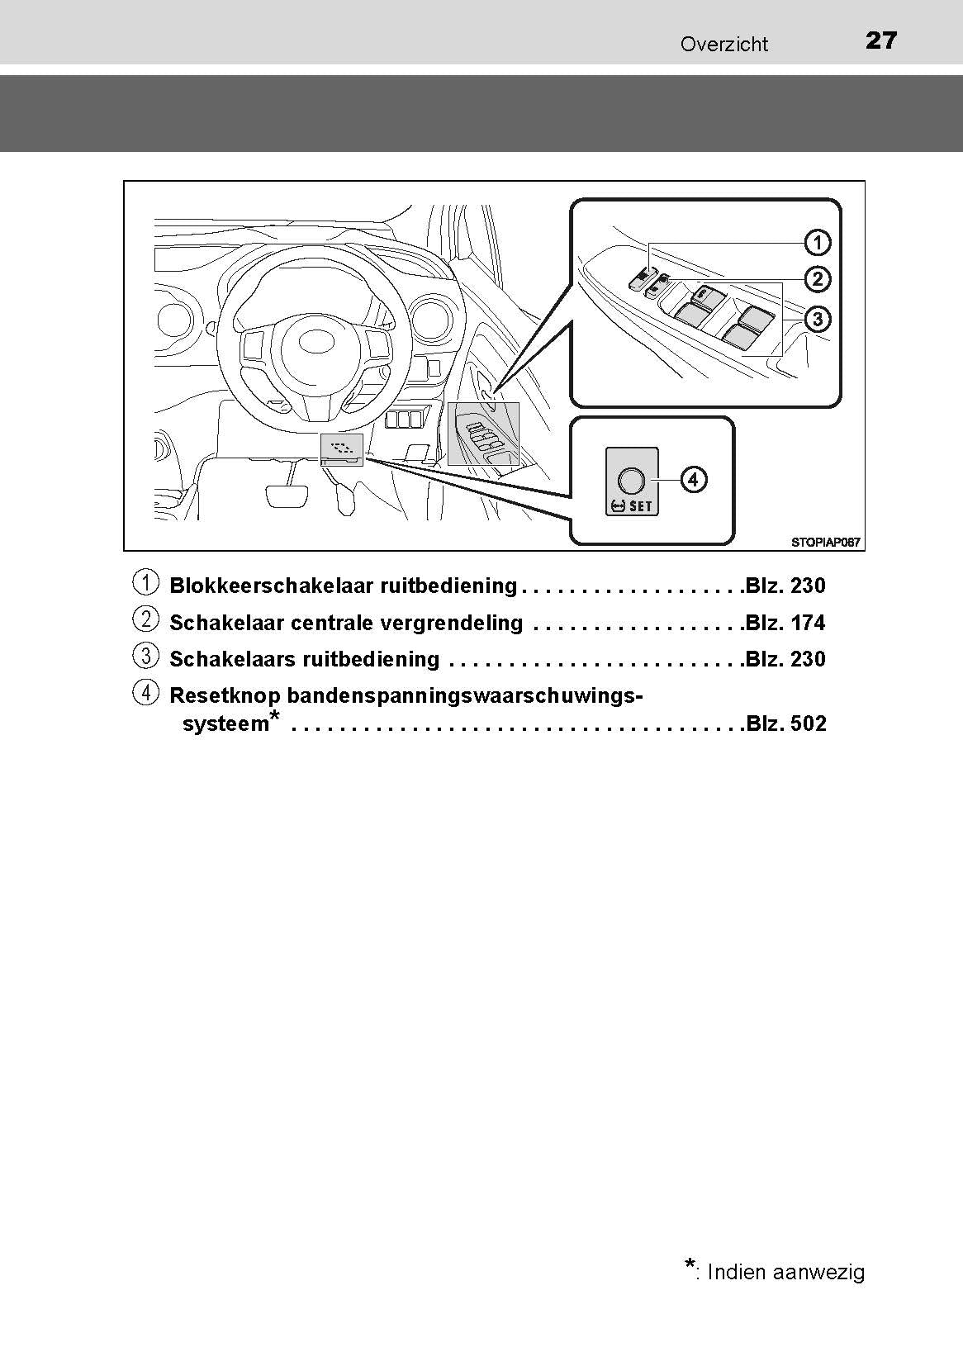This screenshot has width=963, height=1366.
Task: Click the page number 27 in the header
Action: (x=881, y=40)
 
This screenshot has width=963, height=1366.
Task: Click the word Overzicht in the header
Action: (x=724, y=45)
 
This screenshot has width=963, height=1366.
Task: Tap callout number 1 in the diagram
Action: (x=818, y=243)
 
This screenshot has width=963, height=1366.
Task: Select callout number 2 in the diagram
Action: (x=818, y=279)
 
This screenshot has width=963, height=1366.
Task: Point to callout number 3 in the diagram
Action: (x=818, y=319)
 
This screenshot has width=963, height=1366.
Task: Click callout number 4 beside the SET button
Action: (x=694, y=479)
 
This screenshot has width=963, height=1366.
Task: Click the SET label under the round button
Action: (x=641, y=505)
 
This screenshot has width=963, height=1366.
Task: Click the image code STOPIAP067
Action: (x=825, y=543)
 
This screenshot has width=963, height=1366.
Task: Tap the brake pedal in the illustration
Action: (x=287, y=495)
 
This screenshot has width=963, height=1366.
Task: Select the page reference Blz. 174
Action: (x=785, y=623)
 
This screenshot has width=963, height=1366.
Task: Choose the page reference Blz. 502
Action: (x=785, y=723)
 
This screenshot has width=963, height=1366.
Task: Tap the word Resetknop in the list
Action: (x=225, y=696)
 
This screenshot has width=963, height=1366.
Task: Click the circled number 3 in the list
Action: (x=145, y=657)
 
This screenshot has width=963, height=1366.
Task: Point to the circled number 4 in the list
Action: (x=145, y=693)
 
